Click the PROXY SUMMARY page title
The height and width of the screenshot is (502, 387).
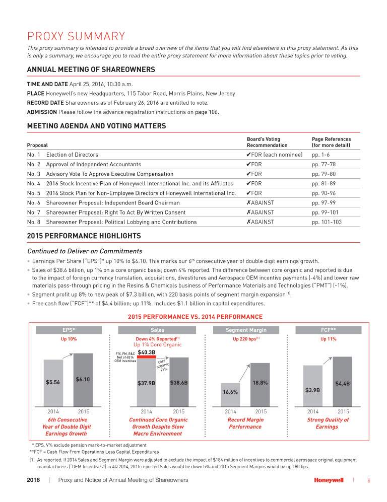[x=76, y=36]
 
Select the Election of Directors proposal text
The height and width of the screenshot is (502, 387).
[x=72, y=155]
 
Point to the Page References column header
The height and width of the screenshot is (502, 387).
[x=332, y=142]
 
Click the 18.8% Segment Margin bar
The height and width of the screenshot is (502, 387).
[x=260, y=385]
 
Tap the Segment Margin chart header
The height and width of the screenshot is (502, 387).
[x=246, y=330]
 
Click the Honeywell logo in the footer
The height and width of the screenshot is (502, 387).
[x=329, y=480]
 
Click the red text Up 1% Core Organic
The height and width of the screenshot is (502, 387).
[x=157, y=345]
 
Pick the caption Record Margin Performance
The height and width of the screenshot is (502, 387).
[x=245, y=423]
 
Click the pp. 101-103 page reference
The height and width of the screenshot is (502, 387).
[x=327, y=222]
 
